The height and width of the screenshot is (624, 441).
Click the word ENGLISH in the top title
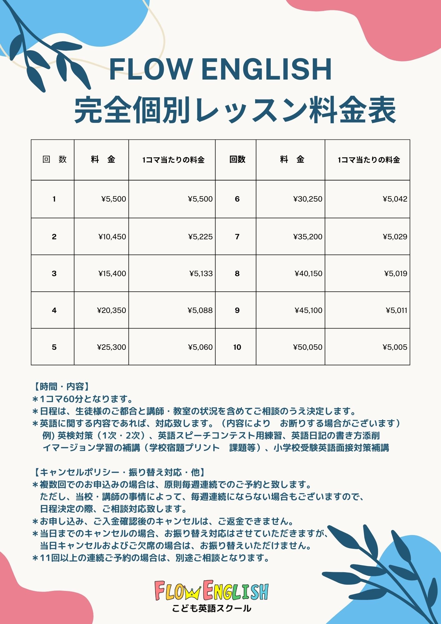pos(267,69)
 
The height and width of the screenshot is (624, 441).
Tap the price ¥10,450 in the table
pos(112,237)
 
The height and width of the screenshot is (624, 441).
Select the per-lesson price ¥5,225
pos(201,237)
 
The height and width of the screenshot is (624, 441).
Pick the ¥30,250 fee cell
pos(308,199)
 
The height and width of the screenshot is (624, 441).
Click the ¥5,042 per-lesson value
pos(395,199)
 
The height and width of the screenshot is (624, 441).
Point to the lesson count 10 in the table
pos(237,347)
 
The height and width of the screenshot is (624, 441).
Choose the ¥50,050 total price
pos(308,347)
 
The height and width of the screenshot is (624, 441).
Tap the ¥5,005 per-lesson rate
pos(395,347)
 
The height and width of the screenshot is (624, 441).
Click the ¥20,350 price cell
pos(112,310)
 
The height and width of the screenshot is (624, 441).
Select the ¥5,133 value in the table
pos(201,274)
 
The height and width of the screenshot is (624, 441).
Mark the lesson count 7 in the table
pos(237,237)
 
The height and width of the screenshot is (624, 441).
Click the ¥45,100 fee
pos(308,310)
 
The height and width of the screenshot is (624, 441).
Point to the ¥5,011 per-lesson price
pos(396,310)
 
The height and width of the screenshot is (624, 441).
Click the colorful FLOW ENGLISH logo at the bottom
pos(211,590)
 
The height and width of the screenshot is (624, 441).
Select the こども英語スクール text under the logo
pos(211,608)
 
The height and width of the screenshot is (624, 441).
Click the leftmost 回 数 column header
pos(54,159)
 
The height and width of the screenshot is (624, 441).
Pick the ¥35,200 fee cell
pos(308,237)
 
